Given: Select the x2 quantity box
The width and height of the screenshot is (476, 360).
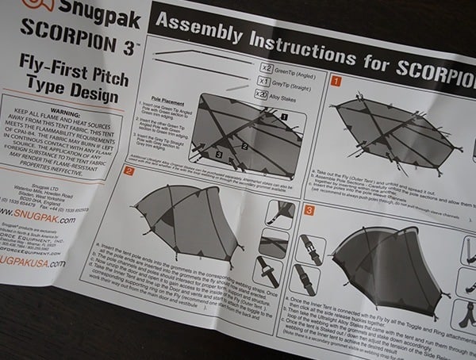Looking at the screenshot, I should click(x=266, y=66).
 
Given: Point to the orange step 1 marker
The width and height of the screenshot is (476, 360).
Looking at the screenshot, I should click(x=336, y=81).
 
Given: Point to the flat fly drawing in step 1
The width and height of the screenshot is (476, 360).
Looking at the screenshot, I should click(x=397, y=127).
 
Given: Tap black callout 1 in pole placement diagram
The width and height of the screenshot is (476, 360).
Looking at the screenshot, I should click(x=283, y=116).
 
